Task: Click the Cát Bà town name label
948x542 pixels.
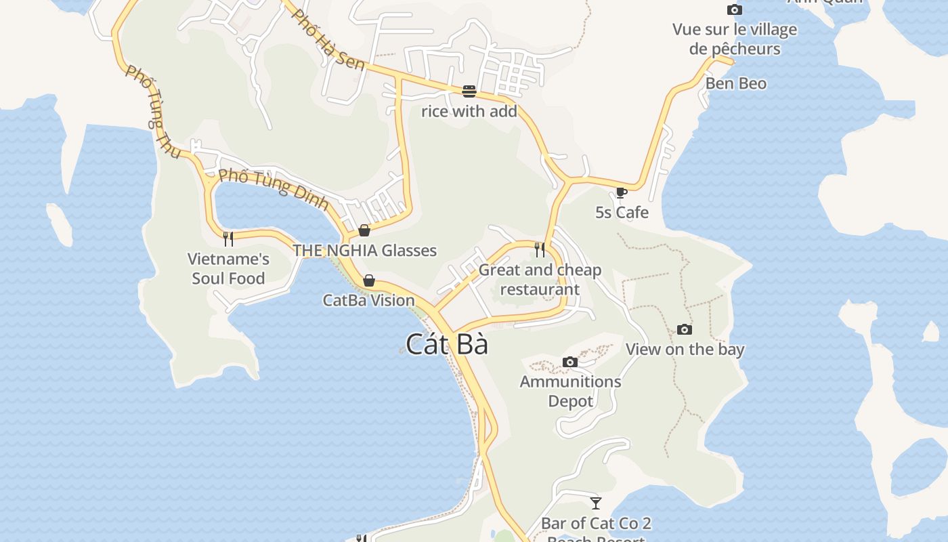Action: (x=447, y=344)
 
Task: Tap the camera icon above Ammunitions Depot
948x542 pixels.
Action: (x=570, y=362)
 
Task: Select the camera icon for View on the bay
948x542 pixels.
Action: (x=685, y=330)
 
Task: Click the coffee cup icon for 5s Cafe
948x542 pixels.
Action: (x=621, y=193)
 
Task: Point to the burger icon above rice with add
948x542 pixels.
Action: (x=469, y=91)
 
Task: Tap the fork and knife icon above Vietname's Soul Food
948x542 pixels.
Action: (x=228, y=238)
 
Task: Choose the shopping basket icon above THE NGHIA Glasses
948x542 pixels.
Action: (x=364, y=230)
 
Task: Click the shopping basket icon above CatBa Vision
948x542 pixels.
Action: (x=369, y=280)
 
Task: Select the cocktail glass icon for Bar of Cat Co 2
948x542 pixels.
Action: (x=596, y=503)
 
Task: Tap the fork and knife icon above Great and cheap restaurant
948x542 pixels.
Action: (x=540, y=250)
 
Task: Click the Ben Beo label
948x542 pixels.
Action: (x=736, y=84)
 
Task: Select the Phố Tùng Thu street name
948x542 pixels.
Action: (x=153, y=112)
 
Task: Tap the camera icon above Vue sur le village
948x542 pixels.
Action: (x=734, y=10)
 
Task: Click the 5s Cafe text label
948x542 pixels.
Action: (x=622, y=213)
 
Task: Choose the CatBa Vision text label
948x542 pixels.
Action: (x=368, y=300)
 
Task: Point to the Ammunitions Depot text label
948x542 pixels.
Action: (x=570, y=391)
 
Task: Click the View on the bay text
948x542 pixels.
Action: (x=685, y=350)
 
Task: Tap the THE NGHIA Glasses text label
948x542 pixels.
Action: (x=364, y=251)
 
